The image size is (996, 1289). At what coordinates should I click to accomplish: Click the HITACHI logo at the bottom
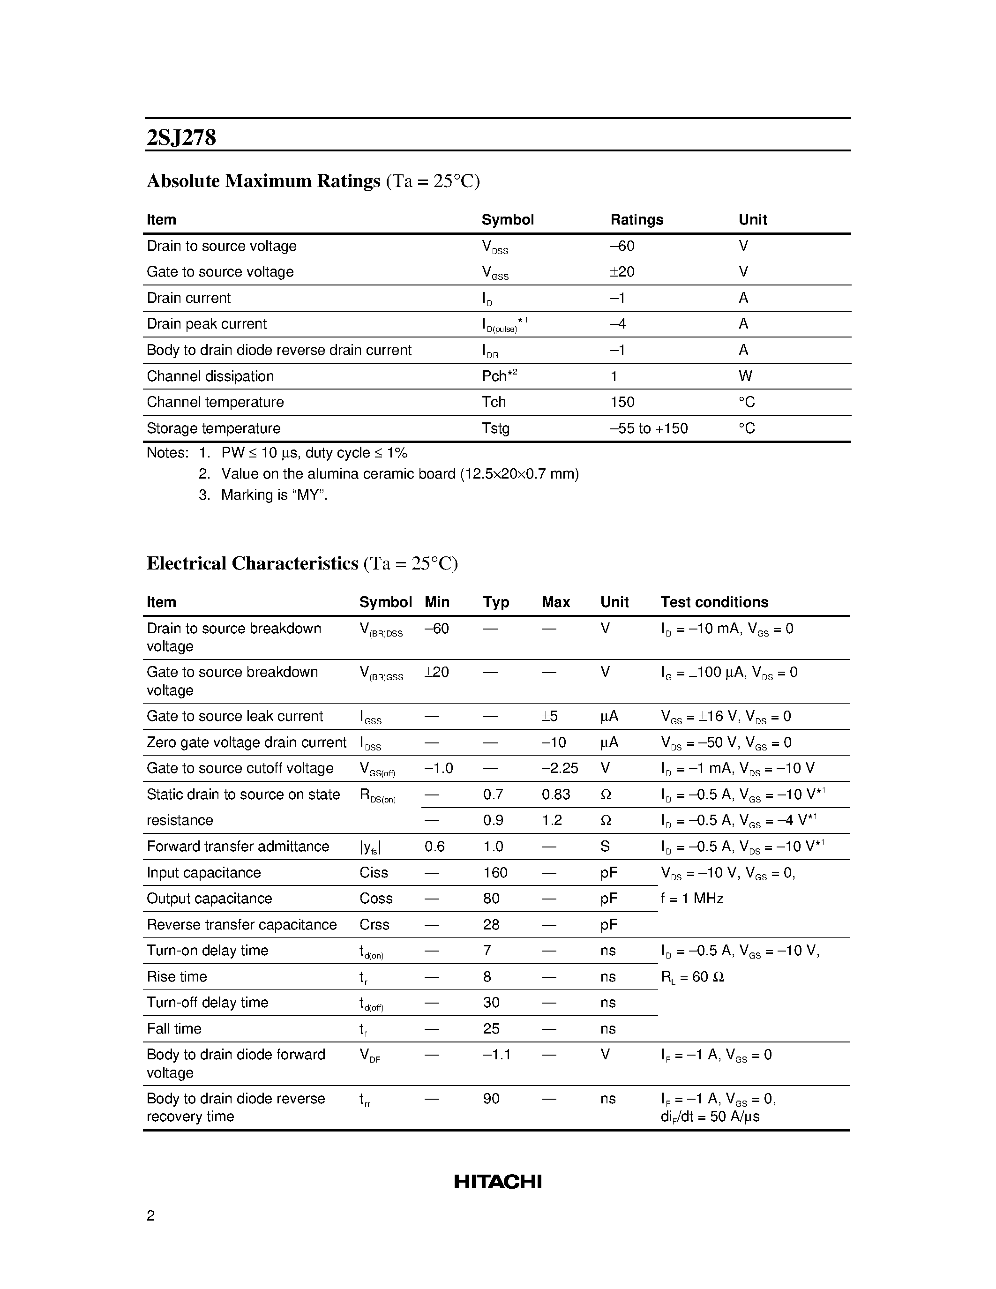tap(497, 1182)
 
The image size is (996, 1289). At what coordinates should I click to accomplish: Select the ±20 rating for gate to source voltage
tap(622, 272)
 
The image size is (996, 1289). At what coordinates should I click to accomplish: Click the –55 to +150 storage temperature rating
tap(649, 428)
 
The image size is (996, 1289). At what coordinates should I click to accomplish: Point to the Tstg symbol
tap(495, 428)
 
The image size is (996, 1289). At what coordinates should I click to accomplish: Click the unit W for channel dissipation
tap(745, 376)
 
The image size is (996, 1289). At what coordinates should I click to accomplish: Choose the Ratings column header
tap(637, 219)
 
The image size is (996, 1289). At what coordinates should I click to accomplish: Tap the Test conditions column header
tap(714, 602)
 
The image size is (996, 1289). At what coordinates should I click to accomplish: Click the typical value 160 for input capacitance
tap(495, 873)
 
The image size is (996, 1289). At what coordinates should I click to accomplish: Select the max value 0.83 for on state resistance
tap(556, 794)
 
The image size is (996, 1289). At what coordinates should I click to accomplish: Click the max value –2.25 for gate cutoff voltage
tap(559, 768)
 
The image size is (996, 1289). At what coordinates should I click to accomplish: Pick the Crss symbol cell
tap(374, 925)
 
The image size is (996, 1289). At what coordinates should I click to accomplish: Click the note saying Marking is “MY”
tap(274, 495)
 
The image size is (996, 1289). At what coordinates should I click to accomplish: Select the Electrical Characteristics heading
tap(253, 563)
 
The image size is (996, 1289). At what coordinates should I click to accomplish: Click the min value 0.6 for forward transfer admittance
tap(434, 847)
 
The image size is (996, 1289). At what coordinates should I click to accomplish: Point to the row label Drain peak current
tap(207, 324)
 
